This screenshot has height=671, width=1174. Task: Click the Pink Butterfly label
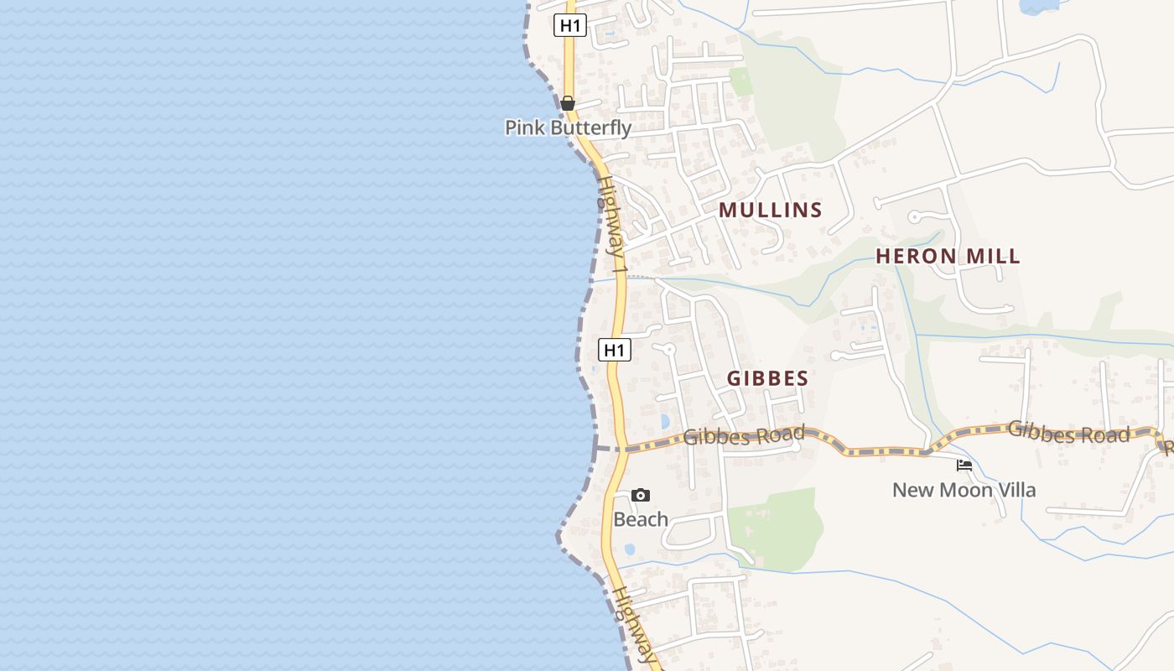568,127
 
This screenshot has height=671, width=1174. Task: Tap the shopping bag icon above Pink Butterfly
568,103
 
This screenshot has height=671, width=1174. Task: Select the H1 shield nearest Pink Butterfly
570,25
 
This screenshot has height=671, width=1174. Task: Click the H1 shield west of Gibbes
615,350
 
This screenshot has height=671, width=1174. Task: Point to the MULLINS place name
771,210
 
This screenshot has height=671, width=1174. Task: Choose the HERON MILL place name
948,257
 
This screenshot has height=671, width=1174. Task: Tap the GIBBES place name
767,378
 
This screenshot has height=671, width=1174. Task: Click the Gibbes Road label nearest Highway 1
744,435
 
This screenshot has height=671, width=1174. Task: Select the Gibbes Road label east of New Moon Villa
1068,433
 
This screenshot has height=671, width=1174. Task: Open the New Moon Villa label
964,490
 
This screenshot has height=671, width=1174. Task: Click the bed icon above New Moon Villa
964,465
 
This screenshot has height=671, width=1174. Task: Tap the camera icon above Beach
641,495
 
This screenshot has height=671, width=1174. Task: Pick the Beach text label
641,519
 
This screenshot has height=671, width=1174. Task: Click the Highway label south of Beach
633,625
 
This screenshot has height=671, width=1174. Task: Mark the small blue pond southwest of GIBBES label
665,421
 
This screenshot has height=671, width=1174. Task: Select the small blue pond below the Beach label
630,549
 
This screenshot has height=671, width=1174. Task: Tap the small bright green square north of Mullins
740,81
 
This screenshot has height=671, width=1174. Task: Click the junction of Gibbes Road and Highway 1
622,448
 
